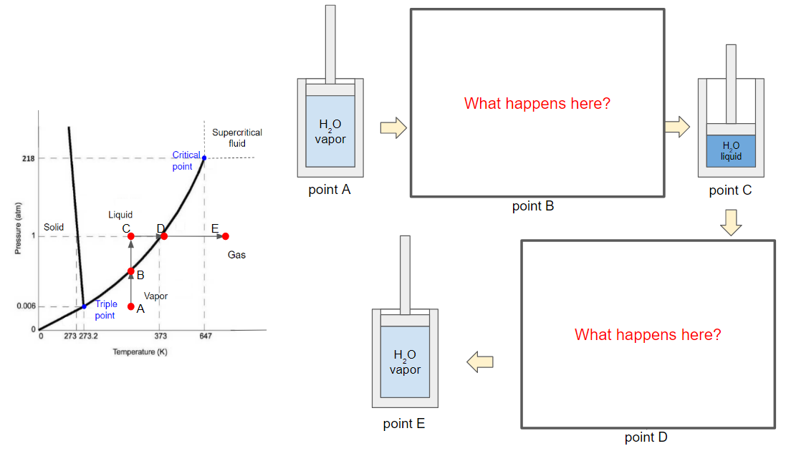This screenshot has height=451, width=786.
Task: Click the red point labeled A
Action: tap(131, 307)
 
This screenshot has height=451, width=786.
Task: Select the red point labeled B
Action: tap(131, 271)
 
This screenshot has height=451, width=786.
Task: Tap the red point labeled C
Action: tap(131, 236)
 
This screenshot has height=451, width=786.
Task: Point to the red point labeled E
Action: tap(226, 236)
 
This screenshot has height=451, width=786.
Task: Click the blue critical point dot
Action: tap(204, 157)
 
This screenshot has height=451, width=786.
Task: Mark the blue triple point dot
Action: tap(84, 306)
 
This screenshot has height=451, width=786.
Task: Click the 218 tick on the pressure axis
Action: tap(28, 157)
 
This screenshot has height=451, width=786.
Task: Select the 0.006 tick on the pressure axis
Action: tap(26, 306)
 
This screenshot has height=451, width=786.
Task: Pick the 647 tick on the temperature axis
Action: tap(204, 336)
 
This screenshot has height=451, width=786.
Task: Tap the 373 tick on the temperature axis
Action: tap(160, 336)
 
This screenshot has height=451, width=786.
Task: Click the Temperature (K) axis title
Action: tap(140, 351)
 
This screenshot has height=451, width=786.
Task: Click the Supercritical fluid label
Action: tap(237, 137)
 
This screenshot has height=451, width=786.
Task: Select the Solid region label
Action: tap(54, 227)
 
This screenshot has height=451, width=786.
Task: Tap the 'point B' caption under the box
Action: tap(533, 207)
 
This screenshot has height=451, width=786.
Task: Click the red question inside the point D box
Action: tap(648, 334)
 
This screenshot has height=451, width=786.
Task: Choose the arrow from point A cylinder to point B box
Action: tap(393, 129)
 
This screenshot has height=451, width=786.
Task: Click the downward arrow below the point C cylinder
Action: tap(731, 222)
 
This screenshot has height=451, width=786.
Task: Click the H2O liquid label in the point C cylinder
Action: tap(731, 151)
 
